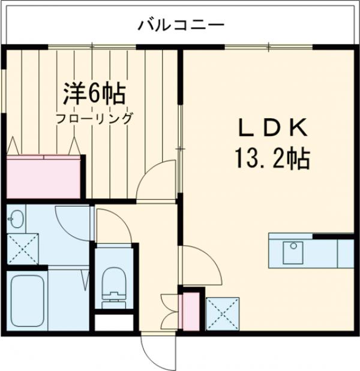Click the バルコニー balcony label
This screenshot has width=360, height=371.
181,25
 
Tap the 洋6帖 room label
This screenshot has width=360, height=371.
95,93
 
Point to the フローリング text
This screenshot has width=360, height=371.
95,118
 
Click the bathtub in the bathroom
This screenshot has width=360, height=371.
27,299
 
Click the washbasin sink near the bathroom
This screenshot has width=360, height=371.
16,219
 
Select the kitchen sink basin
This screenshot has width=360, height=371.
293,251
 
